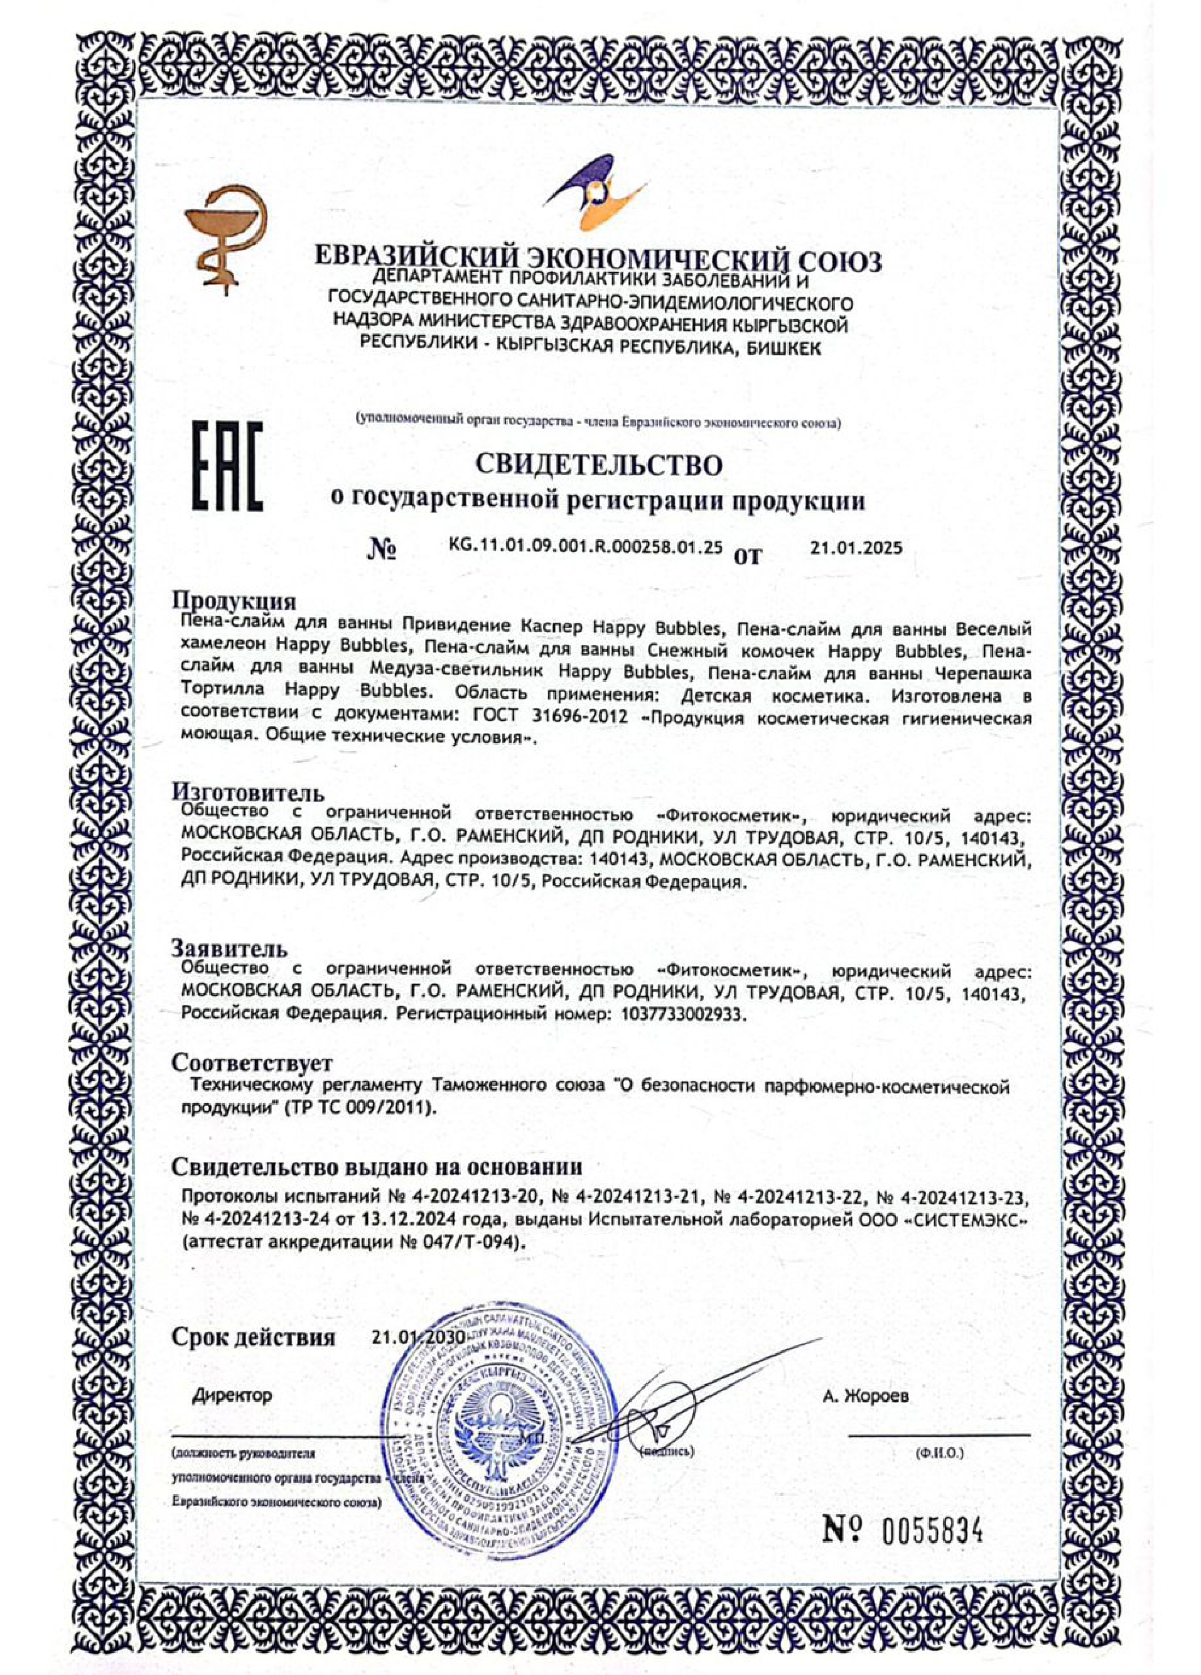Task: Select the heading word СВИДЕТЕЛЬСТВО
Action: (x=598, y=465)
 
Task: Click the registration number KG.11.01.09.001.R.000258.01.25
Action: (x=585, y=548)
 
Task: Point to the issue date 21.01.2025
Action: (x=856, y=548)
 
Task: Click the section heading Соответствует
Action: (x=252, y=1063)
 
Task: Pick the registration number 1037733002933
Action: (x=673, y=1014)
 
